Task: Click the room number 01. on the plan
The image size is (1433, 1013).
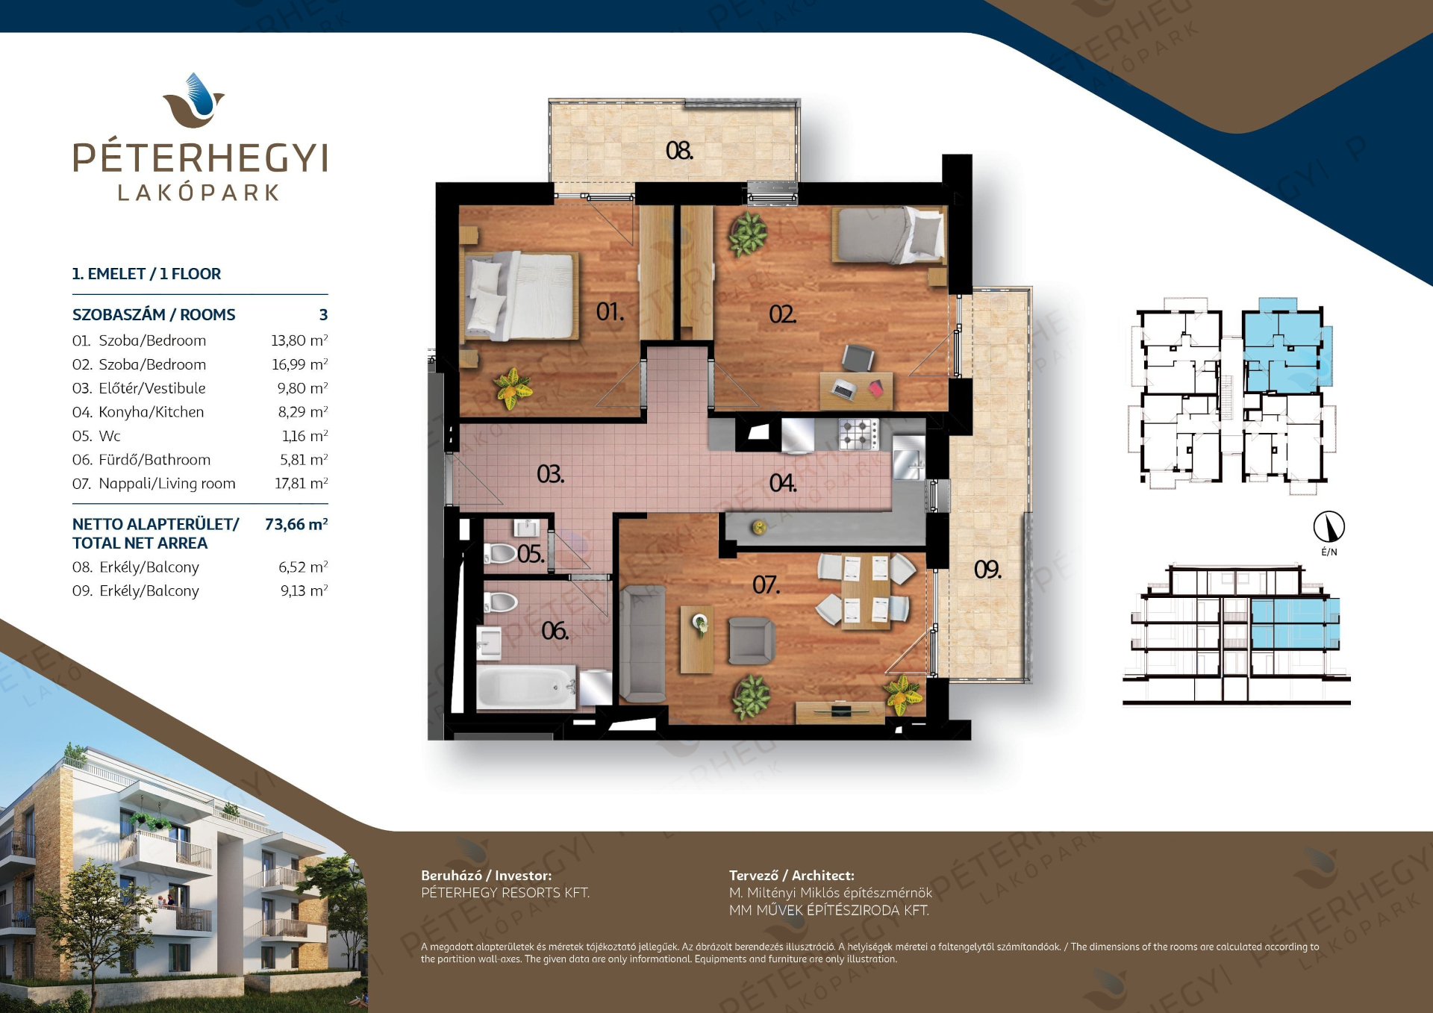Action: tap(610, 311)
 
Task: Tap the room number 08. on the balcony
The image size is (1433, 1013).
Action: tap(679, 151)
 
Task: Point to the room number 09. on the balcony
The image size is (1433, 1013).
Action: tap(987, 570)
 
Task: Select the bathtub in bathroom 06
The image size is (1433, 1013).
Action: tap(527, 687)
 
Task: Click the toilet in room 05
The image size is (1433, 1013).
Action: tap(500, 553)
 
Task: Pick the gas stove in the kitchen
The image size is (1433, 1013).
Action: tap(859, 433)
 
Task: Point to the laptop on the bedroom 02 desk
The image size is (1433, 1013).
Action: tap(844, 389)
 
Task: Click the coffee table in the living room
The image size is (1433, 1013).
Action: tap(696, 639)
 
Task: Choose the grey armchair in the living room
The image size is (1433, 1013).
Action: tap(751, 640)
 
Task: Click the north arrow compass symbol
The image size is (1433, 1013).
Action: tap(1329, 526)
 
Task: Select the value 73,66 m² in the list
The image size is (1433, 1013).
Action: tap(296, 524)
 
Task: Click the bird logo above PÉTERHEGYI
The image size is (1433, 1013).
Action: tap(194, 100)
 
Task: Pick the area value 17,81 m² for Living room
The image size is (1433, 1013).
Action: tap(302, 483)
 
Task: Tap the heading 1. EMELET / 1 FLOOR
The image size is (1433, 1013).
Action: tap(146, 273)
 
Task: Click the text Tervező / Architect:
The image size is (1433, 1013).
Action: tap(792, 875)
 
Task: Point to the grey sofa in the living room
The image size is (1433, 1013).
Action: tap(643, 643)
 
